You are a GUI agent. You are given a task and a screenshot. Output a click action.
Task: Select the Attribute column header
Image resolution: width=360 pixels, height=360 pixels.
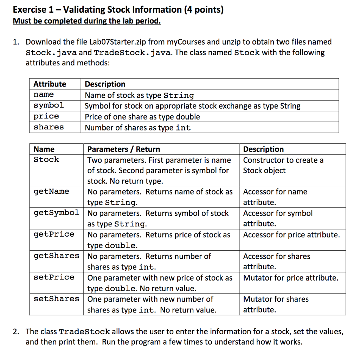point(50,84)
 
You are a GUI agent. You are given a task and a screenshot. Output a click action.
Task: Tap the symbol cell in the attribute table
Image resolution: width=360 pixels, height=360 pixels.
point(49,105)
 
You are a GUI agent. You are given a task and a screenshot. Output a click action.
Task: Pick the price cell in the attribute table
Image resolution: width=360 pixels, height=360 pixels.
point(46,116)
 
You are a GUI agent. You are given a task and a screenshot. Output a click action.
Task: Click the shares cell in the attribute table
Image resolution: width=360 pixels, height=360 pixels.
point(49,127)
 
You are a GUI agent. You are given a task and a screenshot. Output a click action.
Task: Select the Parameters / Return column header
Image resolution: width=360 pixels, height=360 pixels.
point(123,149)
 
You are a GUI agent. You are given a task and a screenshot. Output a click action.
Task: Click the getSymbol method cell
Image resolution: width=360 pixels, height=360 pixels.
point(56,213)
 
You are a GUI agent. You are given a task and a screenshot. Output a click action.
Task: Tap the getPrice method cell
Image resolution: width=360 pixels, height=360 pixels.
point(54,234)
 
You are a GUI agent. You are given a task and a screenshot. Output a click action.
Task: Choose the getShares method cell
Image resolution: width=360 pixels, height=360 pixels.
point(56,256)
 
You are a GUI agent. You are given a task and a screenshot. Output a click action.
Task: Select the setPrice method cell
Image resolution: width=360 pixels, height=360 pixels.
point(54,277)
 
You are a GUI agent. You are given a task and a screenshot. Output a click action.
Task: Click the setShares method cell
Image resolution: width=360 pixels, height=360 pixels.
point(56,299)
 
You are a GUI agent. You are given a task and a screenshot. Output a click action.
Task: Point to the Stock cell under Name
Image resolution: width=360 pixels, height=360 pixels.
point(46,160)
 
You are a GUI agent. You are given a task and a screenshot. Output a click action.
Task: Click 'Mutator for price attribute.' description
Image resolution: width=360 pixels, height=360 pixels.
point(291,278)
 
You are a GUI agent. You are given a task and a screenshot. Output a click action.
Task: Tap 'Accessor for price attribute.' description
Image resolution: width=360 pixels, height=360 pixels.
point(291,235)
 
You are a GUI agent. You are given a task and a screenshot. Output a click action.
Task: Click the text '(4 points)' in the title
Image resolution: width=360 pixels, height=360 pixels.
point(204,9)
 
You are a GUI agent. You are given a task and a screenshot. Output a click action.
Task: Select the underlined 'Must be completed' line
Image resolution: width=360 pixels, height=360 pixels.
point(86,21)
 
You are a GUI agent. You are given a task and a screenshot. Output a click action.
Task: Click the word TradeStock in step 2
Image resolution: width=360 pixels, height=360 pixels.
point(84,332)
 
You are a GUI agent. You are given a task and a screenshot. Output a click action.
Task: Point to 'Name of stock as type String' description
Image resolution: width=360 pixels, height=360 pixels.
point(139,95)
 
